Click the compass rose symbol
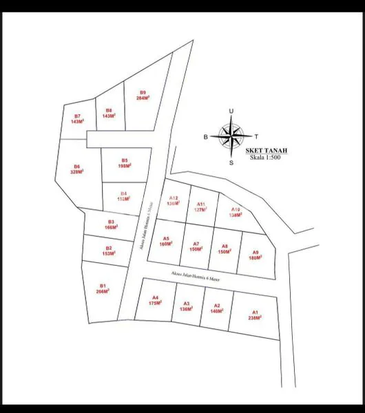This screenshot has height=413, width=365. click(x=231, y=136)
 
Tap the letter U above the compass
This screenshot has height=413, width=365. click(x=231, y=111)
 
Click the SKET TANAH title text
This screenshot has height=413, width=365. click(x=267, y=150)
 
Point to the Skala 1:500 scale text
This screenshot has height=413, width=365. click(x=267, y=158)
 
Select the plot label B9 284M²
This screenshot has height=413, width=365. click(x=143, y=95)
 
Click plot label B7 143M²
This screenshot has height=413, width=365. click(x=77, y=118)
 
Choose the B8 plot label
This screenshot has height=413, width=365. click(x=108, y=113)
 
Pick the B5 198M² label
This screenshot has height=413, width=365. click(x=124, y=163)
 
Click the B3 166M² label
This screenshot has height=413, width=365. click(x=111, y=224)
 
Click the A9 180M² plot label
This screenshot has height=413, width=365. click(x=255, y=255)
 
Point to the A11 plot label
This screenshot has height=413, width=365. click(x=200, y=206)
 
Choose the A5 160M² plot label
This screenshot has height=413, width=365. click(x=165, y=242)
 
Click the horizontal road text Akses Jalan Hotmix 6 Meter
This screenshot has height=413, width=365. click(x=202, y=276)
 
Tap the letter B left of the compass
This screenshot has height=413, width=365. click(x=205, y=137)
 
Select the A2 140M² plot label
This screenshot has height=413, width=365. click(x=216, y=308)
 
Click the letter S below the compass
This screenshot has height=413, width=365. click(x=231, y=163)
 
